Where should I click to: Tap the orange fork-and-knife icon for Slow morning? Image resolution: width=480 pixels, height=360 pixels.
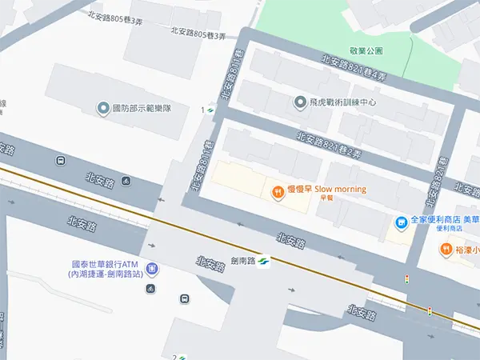pyautogui.click(x=277, y=191)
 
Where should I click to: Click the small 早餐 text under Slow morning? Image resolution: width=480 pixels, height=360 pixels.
pyautogui.click(x=325, y=198)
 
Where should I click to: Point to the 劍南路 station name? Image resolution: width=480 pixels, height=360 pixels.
pyautogui.click(x=242, y=260)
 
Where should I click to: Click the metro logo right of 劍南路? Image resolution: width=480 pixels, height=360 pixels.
pyautogui.click(x=265, y=260)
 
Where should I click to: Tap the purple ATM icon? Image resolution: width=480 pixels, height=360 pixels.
pyautogui.click(x=152, y=270)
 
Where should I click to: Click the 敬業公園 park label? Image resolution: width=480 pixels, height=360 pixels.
pyautogui.click(x=366, y=50)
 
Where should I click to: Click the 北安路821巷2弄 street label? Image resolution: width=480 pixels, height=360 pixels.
pyautogui.click(x=329, y=144)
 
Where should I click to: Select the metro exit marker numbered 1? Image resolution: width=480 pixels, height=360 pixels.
pyautogui.click(x=206, y=110)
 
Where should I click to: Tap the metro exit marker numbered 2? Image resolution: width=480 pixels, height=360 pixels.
pyautogui.click(x=178, y=356)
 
